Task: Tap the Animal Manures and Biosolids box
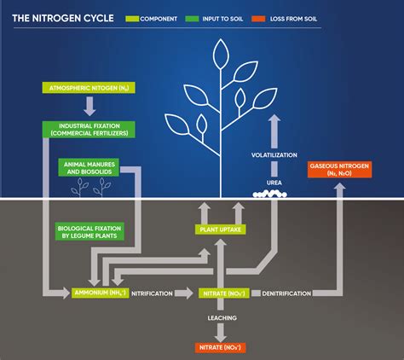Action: pyautogui.click(x=88, y=166)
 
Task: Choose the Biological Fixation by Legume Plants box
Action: pyautogui.click(x=89, y=231)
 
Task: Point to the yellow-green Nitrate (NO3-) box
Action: pyautogui.click(x=223, y=293)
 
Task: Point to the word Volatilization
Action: pyautogui.click(x=272, y=156)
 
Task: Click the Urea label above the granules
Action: pyautogui.click(x=272, y=182)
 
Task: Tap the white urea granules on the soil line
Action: pyautogui.click(x=272, y=194)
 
